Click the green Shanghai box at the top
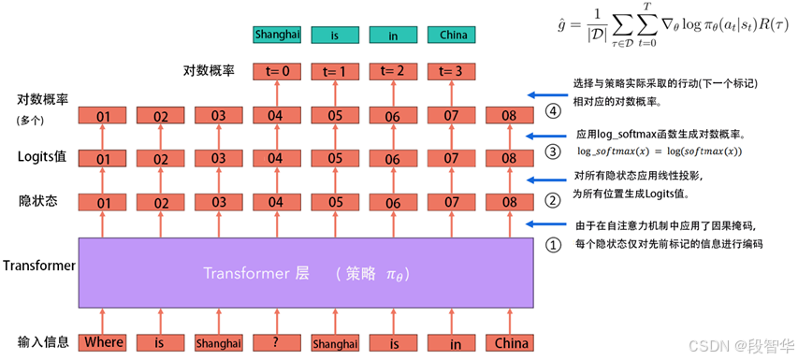[276, 36]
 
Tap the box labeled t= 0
[276, 70]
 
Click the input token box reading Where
[103, 342]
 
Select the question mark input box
[276, 342]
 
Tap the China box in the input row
[509, 342]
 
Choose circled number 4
[554, 111]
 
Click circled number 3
[554, 151]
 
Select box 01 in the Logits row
[103, 158]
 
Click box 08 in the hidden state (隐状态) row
[509, 201]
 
